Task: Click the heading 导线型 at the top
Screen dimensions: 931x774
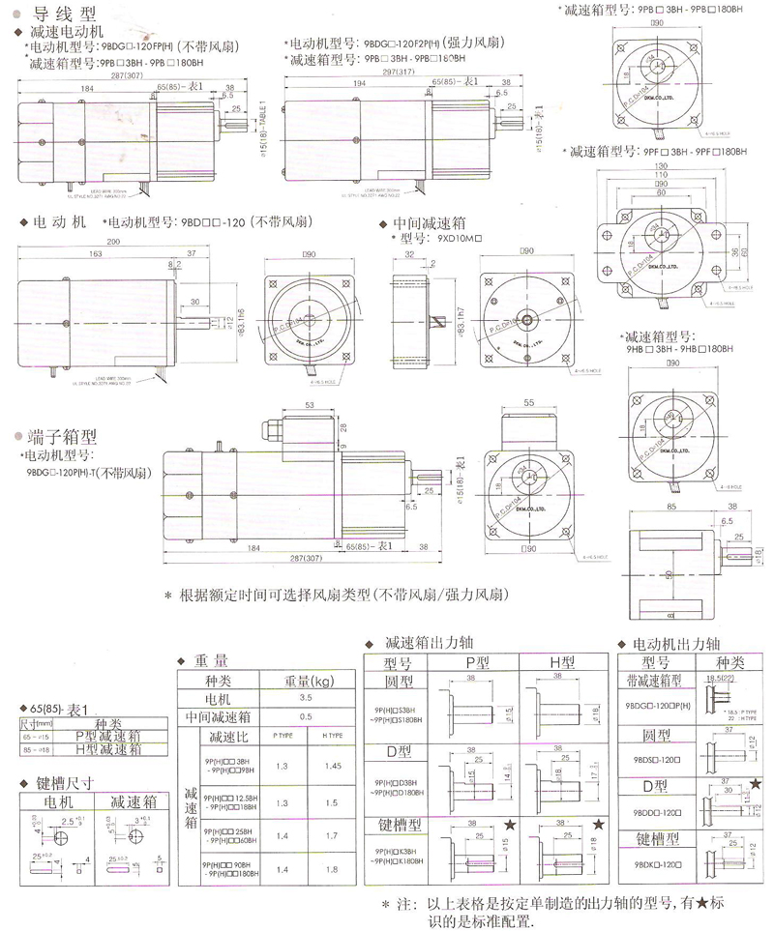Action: [x=65, y=15]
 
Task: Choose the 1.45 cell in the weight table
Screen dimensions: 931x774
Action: [x=336, y=766]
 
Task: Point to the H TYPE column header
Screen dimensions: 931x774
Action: [x=336, y=736]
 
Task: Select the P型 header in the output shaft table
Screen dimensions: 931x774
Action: [x=478, y=663]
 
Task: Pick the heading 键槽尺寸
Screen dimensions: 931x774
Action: [x=65, y=783]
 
